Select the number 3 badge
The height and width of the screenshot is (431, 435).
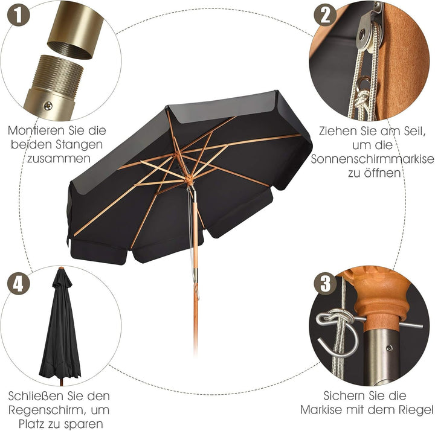[325, 283]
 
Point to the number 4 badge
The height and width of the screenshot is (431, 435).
[18, 283]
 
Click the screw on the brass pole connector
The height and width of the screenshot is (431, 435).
[48, 106]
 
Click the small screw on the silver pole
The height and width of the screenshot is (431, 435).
[390, 348]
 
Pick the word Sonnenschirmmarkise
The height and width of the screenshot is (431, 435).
[372, 159]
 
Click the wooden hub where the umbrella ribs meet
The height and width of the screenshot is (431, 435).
[188, 180]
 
